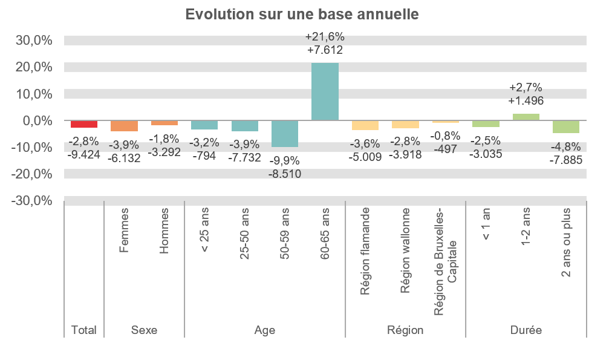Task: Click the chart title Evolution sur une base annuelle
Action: (302, 15)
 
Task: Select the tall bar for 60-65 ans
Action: (325, 91)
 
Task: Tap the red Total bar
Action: (84, 124)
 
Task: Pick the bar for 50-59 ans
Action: (285, 134)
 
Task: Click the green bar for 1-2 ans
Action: (526, 117)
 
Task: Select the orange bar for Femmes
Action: (124, 126)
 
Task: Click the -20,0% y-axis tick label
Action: (34, 174)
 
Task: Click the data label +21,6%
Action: (325, 38)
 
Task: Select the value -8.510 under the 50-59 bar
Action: (285, 175)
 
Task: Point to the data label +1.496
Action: (526, 100)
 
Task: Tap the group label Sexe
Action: (144, 330)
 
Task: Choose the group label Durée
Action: (526, 330)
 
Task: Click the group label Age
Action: (265, 330)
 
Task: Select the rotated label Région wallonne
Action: (405, 250)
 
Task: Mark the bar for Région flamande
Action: (365, 125)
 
